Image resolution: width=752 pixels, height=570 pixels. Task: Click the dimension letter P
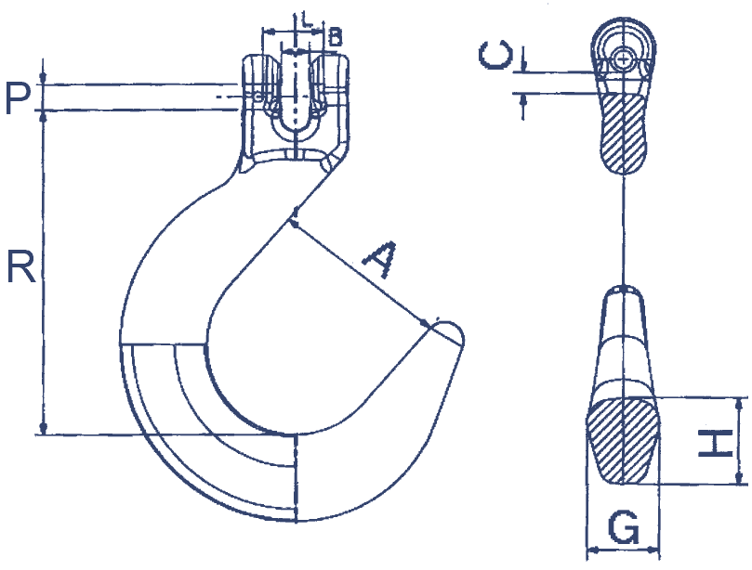click(x=18, y=98)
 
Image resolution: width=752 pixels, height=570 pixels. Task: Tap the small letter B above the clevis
click(x=336, y=36)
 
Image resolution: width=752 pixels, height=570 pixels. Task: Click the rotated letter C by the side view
click(x=495, y=55)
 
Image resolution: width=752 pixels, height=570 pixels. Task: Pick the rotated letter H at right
click(x=715, y=443)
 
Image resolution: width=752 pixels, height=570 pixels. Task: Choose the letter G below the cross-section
click(x=624, y=527)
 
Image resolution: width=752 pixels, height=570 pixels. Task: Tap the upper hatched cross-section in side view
click(x=623, y=133)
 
